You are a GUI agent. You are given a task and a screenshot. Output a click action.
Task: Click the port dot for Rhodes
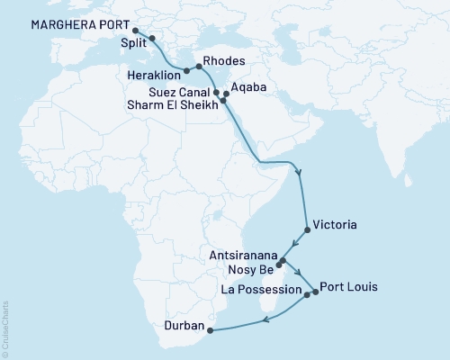199,67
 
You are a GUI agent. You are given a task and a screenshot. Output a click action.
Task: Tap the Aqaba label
247,89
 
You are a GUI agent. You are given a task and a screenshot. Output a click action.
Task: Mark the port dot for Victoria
308,230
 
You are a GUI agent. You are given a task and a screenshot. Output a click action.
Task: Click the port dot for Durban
210,330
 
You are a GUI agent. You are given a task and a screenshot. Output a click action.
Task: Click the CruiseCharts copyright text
5,328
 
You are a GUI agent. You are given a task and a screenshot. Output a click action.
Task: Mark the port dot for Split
151,38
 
